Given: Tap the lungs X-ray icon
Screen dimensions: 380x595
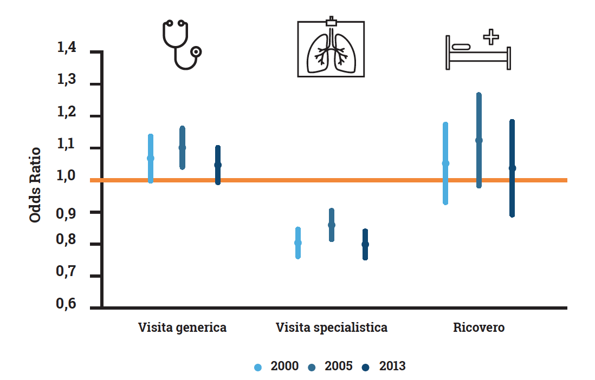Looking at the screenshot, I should (331, 48).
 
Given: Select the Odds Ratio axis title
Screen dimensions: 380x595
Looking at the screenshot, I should (35, 185).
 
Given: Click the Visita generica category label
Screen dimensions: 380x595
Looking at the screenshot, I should (182, 327).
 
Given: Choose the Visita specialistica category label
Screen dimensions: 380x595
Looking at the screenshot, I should (332, 327).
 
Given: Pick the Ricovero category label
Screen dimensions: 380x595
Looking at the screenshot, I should (478, 327).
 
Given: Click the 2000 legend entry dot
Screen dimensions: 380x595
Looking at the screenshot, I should (258, 367).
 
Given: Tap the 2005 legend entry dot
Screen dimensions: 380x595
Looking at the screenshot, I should (313, 367).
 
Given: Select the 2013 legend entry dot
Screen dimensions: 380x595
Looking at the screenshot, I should (366, 367).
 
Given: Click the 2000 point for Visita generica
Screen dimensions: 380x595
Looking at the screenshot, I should (151, 158).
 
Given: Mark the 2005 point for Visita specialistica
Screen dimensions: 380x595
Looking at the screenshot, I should (332, 225).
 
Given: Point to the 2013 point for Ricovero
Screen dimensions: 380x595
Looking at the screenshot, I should (512, 168).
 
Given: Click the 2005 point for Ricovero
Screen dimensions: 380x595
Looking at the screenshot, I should (478, 140).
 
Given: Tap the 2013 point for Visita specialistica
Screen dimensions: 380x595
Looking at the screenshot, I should (365, 244).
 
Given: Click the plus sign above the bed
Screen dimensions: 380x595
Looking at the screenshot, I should (491, 37).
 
